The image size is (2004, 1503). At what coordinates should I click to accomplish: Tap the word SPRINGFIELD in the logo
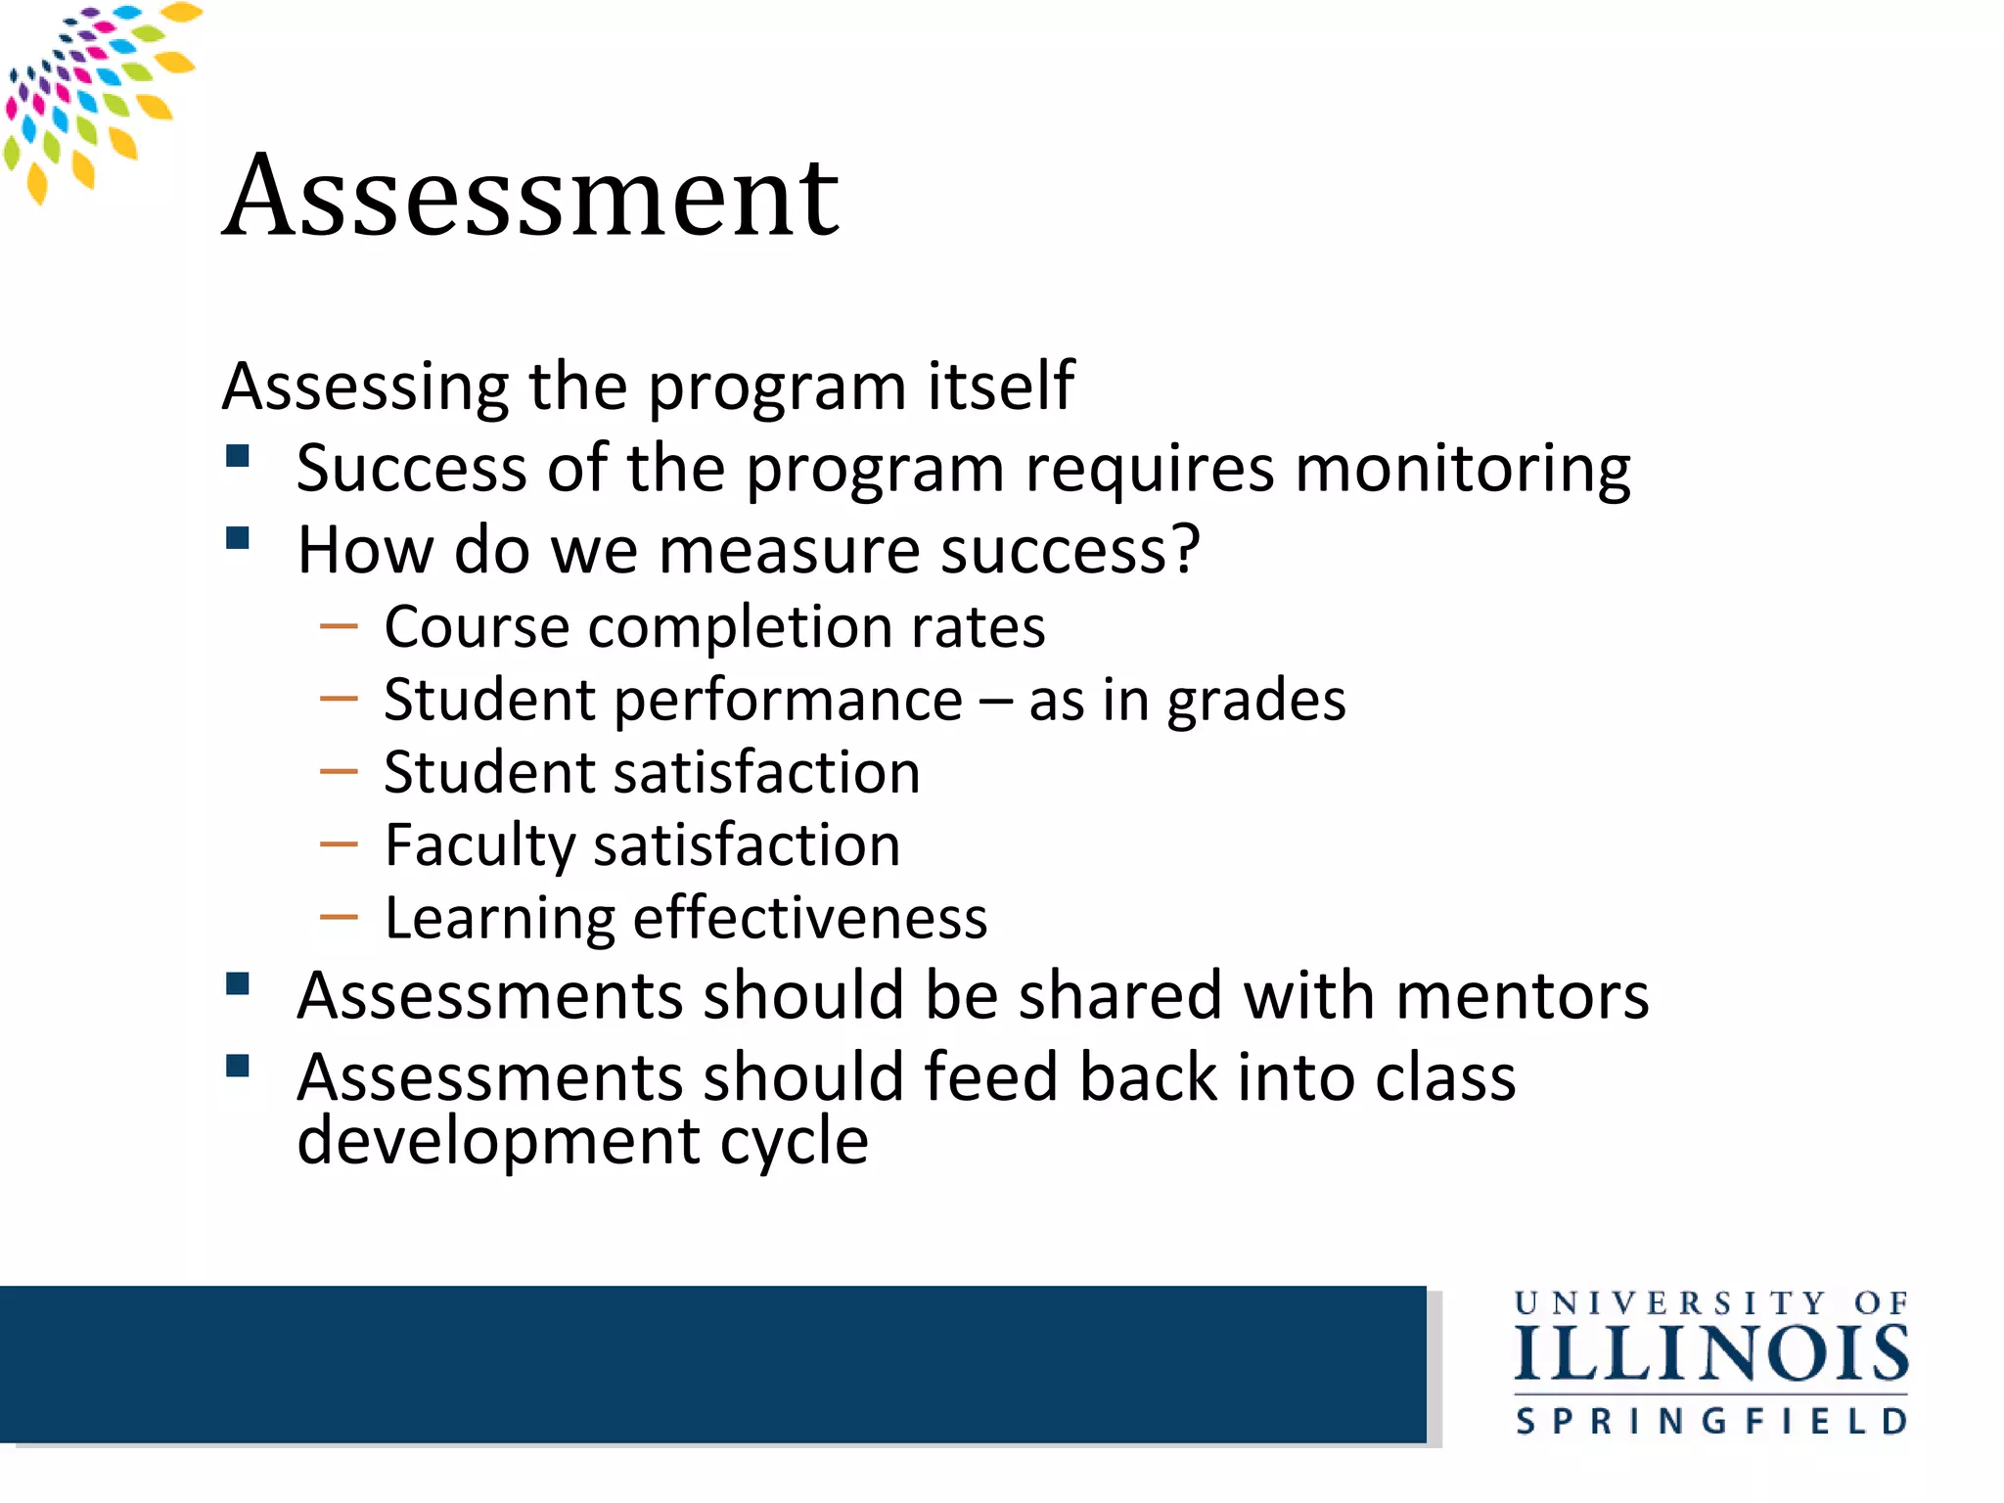pos(1711,1421)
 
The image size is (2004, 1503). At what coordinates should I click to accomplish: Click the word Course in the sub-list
pos(477,627)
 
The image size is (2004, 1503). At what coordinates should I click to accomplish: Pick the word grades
pos(1255,703)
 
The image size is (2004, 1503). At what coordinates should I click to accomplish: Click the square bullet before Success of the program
pos(238,456)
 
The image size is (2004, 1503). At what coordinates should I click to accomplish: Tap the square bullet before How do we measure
pos(238,538)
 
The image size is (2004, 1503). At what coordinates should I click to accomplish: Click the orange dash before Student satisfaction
pos(339,771)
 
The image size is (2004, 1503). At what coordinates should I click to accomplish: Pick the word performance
pos(788,703)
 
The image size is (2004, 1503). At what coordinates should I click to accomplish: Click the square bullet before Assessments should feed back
pos(238,1065)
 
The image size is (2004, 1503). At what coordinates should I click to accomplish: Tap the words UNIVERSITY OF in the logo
pos(1711,1303)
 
